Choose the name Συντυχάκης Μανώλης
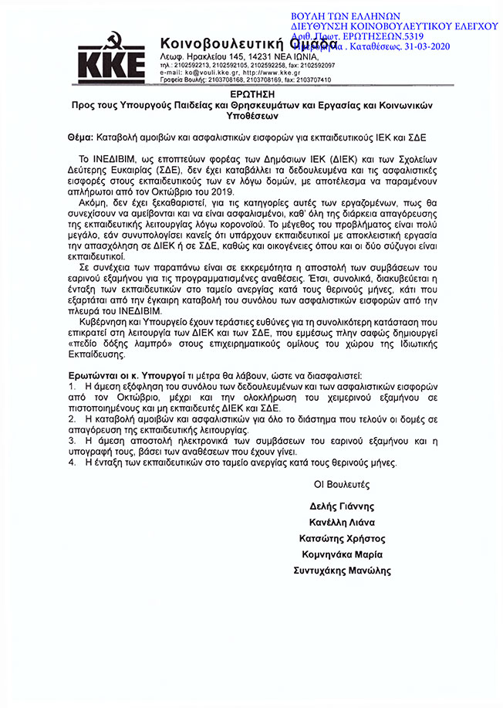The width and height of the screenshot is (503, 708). click(x=343, y=571)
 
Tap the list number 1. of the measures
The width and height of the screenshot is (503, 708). click(x=72, y=384)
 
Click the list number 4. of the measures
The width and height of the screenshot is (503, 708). click(x=72, y=462)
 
